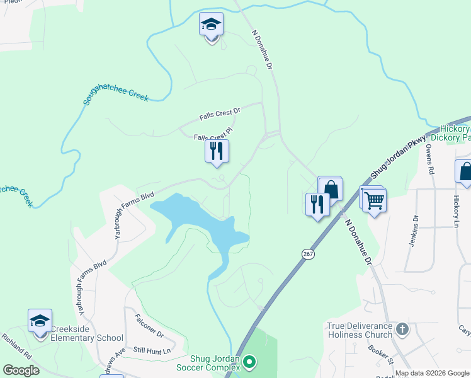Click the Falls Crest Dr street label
220,114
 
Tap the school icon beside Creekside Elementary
40,321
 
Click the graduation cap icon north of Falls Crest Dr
212,25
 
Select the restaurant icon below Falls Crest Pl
217,151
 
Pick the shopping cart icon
374,201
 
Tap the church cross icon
402,328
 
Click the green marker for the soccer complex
250,362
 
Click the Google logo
21,370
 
